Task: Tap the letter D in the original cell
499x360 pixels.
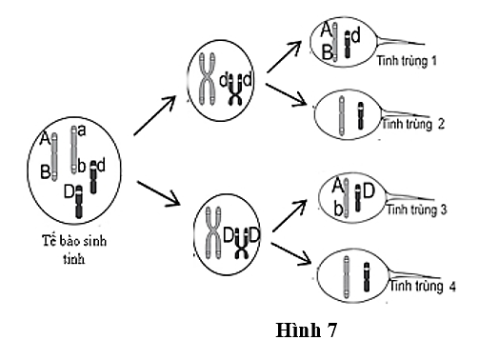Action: coord(69,191)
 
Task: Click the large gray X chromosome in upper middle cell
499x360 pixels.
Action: coord(207,79)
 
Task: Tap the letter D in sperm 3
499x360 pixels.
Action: coord(368,192)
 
